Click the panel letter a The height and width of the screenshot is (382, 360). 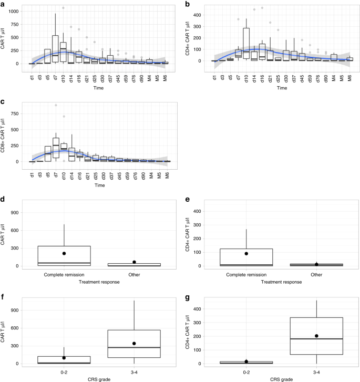(3, 4)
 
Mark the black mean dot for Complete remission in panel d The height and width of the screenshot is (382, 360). (64, 253)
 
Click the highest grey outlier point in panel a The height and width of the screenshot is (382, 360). (63, 8)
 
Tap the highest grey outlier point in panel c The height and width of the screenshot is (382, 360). (56, 106)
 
